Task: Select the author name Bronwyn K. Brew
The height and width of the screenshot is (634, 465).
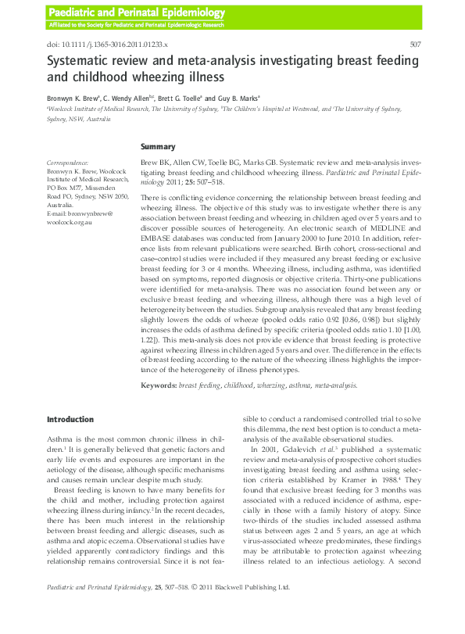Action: point(73,99)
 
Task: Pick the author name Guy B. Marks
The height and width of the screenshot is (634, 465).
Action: point(237,99)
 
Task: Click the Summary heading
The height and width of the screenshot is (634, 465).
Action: point(157,146)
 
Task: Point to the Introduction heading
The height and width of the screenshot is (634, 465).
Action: point(70,420)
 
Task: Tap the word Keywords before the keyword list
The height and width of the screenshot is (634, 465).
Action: point(158,385)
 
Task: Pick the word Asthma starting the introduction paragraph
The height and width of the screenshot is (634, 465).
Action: point(60,440)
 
